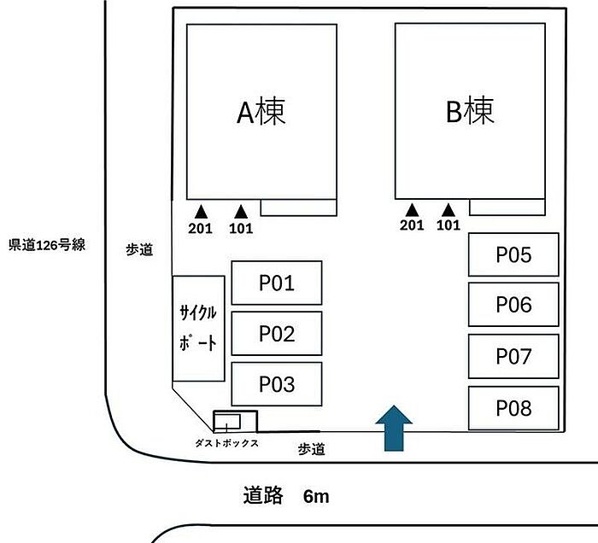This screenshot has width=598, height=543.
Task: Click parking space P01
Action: (277, 283)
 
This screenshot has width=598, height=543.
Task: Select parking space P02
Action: (277, 334)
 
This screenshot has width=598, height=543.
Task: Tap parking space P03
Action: (277, 384)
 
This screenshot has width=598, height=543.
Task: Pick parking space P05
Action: (513, 254)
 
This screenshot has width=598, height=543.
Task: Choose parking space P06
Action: (513, 305)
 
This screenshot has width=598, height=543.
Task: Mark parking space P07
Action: (513, 356)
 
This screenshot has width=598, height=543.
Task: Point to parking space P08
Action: (513, 408)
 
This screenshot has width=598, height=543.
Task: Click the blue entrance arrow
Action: (394, 429)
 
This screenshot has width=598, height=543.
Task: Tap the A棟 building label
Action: (261, 111)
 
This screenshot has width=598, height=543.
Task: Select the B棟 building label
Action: (470, 110)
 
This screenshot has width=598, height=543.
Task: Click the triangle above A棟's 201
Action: (201, 212)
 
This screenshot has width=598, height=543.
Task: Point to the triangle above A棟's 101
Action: (241, 212)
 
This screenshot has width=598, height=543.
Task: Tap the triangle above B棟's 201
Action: (412, 210)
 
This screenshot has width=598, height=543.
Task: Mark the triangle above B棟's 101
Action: (448, 210)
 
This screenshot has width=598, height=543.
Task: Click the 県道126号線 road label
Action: (47, 245)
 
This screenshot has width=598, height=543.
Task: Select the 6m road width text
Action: (316, 497)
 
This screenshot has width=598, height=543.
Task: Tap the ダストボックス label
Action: (226, 443)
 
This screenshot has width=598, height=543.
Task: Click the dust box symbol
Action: (235, 422)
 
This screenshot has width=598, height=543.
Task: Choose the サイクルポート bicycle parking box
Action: (198, 329)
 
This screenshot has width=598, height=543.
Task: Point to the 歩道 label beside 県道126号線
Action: (139, 250)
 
